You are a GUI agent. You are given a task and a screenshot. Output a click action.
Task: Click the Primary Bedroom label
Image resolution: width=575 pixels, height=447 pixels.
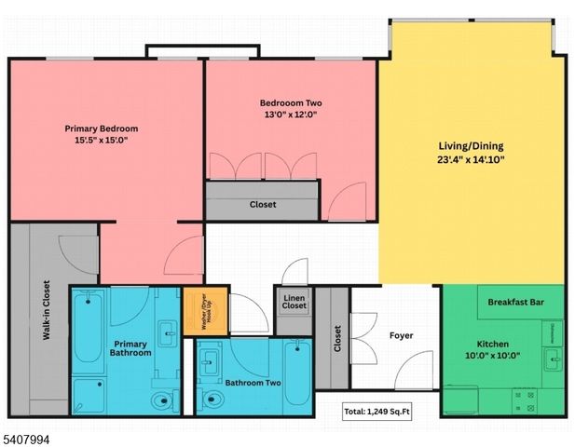(102, 129)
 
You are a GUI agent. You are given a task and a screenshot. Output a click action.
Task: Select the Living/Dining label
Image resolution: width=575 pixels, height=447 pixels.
(471, 146)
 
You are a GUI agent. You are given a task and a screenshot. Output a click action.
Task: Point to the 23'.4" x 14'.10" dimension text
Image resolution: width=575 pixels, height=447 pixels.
(471, 159)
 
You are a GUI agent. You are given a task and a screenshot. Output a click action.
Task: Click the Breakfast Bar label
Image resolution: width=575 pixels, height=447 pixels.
(516, 302)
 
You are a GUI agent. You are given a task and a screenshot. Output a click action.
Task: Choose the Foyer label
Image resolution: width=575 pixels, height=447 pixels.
(402, 335)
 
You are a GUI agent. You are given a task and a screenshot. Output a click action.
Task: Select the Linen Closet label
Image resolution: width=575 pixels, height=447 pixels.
(294, 302)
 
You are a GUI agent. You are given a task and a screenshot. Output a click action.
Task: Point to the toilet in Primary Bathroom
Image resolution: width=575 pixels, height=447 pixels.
(161, 402)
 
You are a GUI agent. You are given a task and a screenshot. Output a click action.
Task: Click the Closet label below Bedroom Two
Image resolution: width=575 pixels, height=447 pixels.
(262, 204)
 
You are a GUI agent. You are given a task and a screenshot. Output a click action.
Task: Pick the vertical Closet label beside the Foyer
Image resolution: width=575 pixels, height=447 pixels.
(336, 338)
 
